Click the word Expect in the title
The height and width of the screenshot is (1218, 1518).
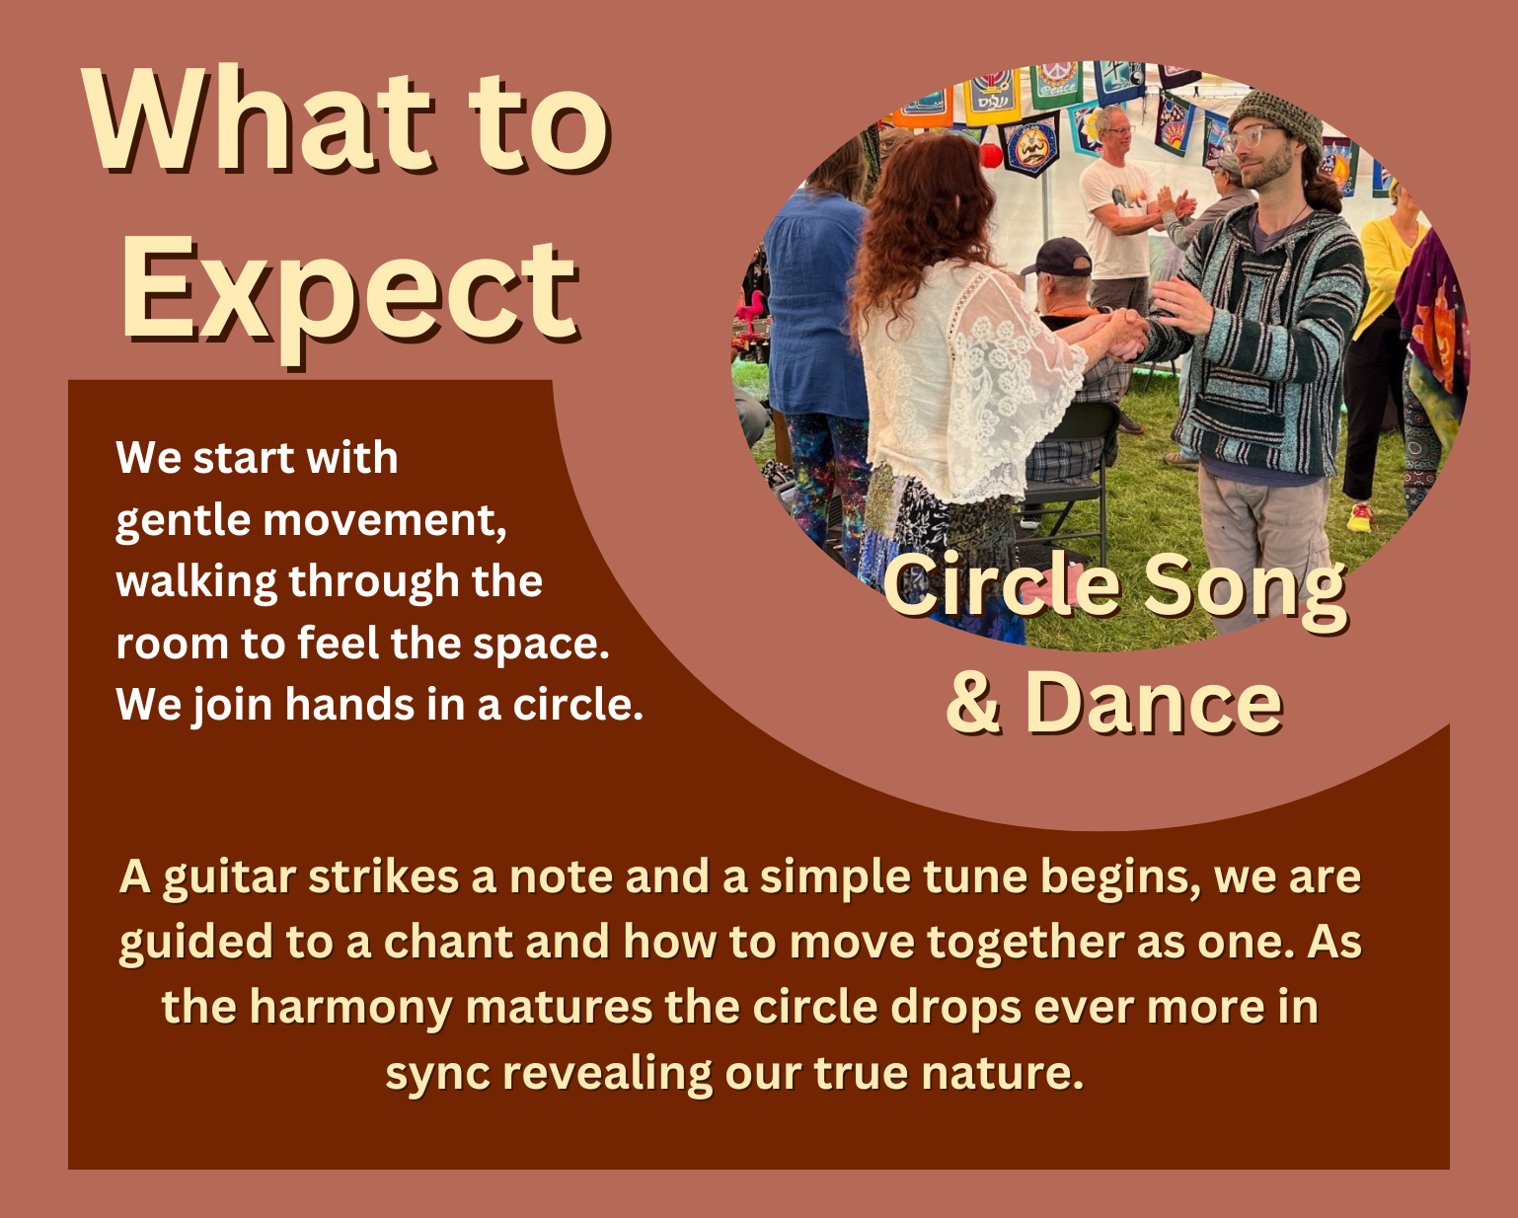pos(349,296)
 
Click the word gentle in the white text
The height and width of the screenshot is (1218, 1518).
pos(184,522)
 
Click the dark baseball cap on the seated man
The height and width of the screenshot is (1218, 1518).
pos(1057,257)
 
